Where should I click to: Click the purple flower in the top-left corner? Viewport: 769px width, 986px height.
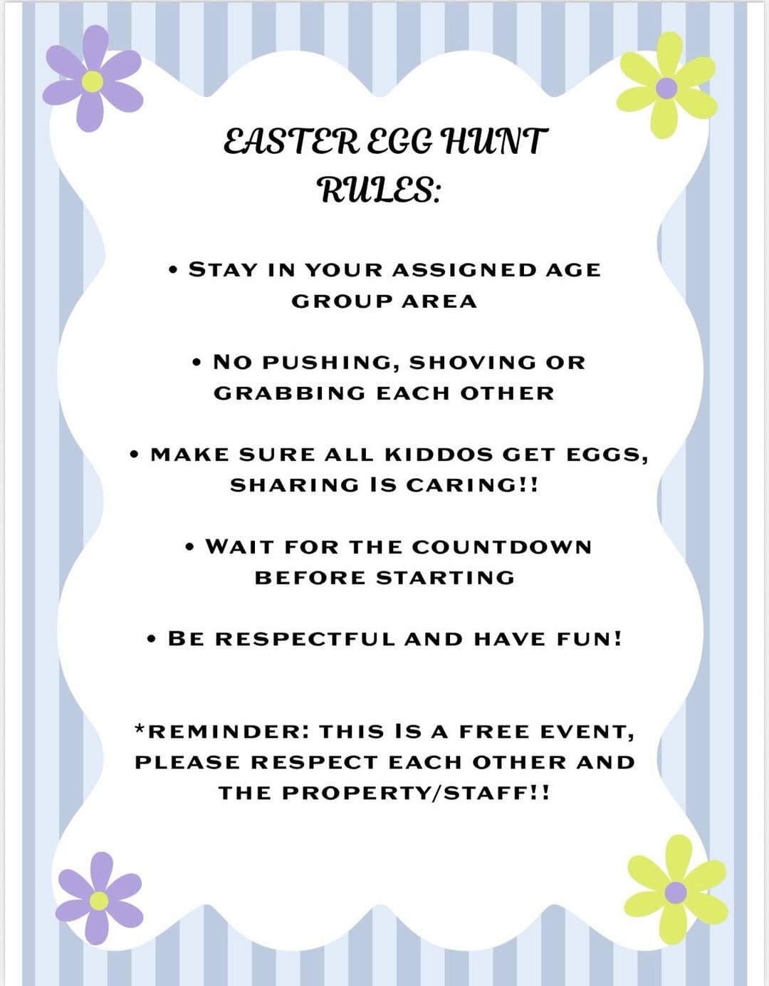coord(92,80)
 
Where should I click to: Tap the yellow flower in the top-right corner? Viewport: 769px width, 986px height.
coord(666,88)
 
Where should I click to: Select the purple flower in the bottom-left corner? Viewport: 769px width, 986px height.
coord(99,899)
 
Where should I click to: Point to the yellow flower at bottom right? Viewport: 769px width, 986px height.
coord(675,891)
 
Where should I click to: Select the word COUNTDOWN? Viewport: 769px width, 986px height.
coord(501,547)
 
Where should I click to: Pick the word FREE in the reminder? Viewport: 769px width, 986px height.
coord(494,732)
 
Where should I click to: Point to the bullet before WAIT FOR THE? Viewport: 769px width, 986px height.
coord(190,548)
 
